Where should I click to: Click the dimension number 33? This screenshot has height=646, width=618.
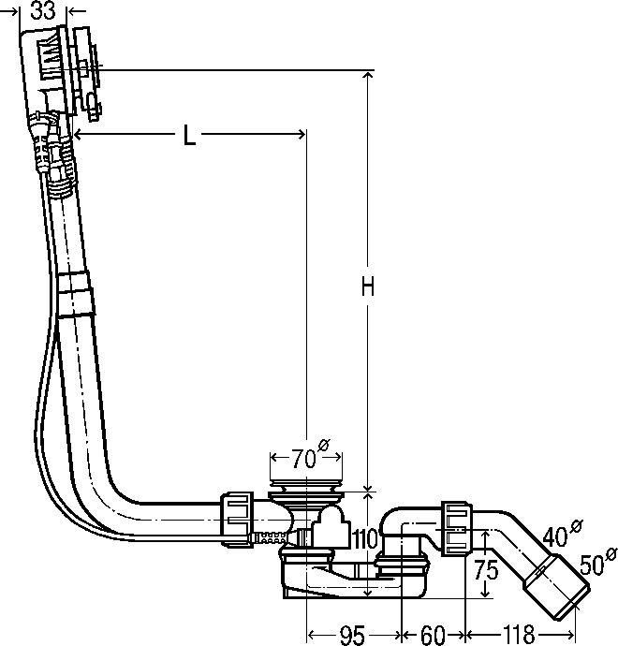43,10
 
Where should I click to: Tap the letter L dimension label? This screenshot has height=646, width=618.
189,135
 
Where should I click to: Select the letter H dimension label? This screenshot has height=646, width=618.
367,286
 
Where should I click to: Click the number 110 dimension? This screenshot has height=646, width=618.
365,539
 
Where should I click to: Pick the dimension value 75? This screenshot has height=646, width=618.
486,570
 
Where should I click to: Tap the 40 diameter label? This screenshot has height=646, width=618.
563,533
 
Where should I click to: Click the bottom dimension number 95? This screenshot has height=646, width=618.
354,635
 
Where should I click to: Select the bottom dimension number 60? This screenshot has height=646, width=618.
433,635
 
